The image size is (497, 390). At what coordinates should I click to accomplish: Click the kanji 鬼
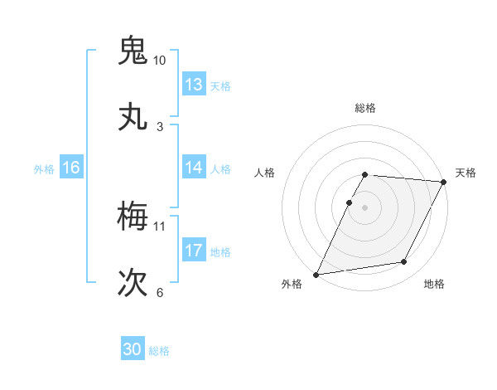coord(133,51)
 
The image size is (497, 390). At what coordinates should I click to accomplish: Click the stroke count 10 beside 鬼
coord(159,61)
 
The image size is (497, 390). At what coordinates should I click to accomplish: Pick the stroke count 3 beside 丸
coord(159,127)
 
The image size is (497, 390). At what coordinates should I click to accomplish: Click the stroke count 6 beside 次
coord(159,292)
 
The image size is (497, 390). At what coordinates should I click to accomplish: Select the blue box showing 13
coord(194,85)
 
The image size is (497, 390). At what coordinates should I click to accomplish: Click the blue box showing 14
coord(194,168)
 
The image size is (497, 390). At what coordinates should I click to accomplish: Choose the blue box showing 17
coord(194,251)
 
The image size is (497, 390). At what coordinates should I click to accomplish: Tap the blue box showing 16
coord(71,168)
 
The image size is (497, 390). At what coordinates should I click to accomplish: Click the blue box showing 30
coord(133,350)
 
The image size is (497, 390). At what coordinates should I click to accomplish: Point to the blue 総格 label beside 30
coord(160,351)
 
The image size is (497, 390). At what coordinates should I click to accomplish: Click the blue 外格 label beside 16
coord(44,168)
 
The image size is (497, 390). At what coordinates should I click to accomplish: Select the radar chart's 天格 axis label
coord(466,173)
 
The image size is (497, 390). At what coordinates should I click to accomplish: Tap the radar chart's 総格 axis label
coord(365,108)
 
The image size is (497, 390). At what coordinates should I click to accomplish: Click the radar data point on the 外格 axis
coord(316,274)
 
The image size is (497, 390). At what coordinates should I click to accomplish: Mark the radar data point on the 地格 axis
coord(404,262)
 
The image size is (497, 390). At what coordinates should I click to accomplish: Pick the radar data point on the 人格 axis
coord(350,202)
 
